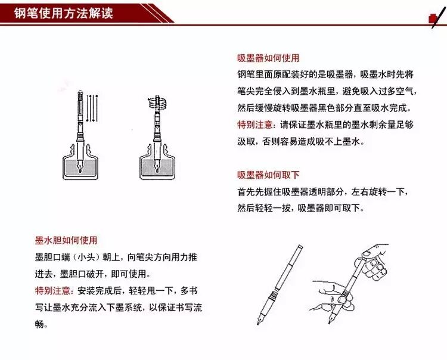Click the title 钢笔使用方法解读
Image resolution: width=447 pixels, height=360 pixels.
[x=64, y=13]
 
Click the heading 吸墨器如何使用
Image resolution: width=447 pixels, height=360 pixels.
[x=268, y=58]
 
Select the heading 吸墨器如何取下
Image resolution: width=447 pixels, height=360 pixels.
[x=268, y=175]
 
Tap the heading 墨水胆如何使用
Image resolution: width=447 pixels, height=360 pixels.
[x=66, y=240]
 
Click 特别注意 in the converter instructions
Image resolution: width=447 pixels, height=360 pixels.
[x=255, y=125]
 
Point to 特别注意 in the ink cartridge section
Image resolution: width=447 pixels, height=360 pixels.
[x=52, y=291]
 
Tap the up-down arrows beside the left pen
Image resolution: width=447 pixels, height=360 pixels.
[x=92, y=108]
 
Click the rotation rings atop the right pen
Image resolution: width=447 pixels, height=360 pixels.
[x=157, y=102]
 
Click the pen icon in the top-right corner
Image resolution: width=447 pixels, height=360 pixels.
[x=437, y=17]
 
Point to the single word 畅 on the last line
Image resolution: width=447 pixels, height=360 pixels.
[x=39, y=324]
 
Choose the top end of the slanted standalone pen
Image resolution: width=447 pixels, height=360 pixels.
[x=300, y=246]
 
